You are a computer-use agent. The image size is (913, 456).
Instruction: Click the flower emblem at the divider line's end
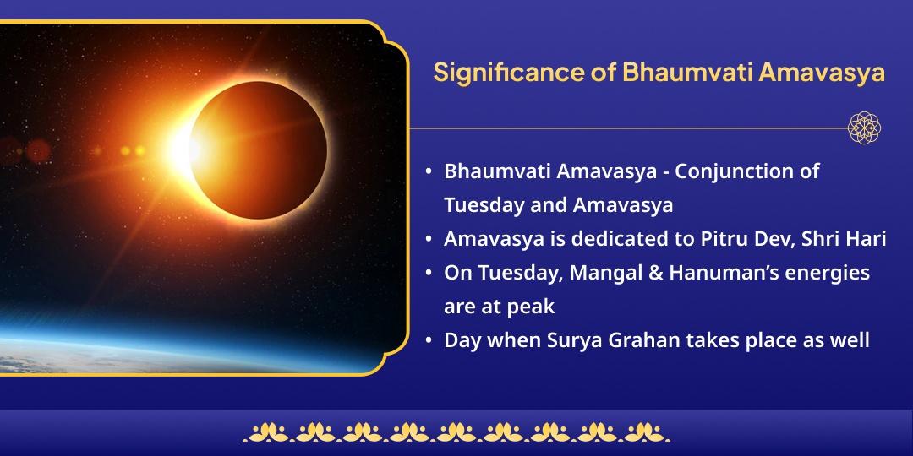pos(864,128)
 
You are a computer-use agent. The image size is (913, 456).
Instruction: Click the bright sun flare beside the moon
pos(184,149)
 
